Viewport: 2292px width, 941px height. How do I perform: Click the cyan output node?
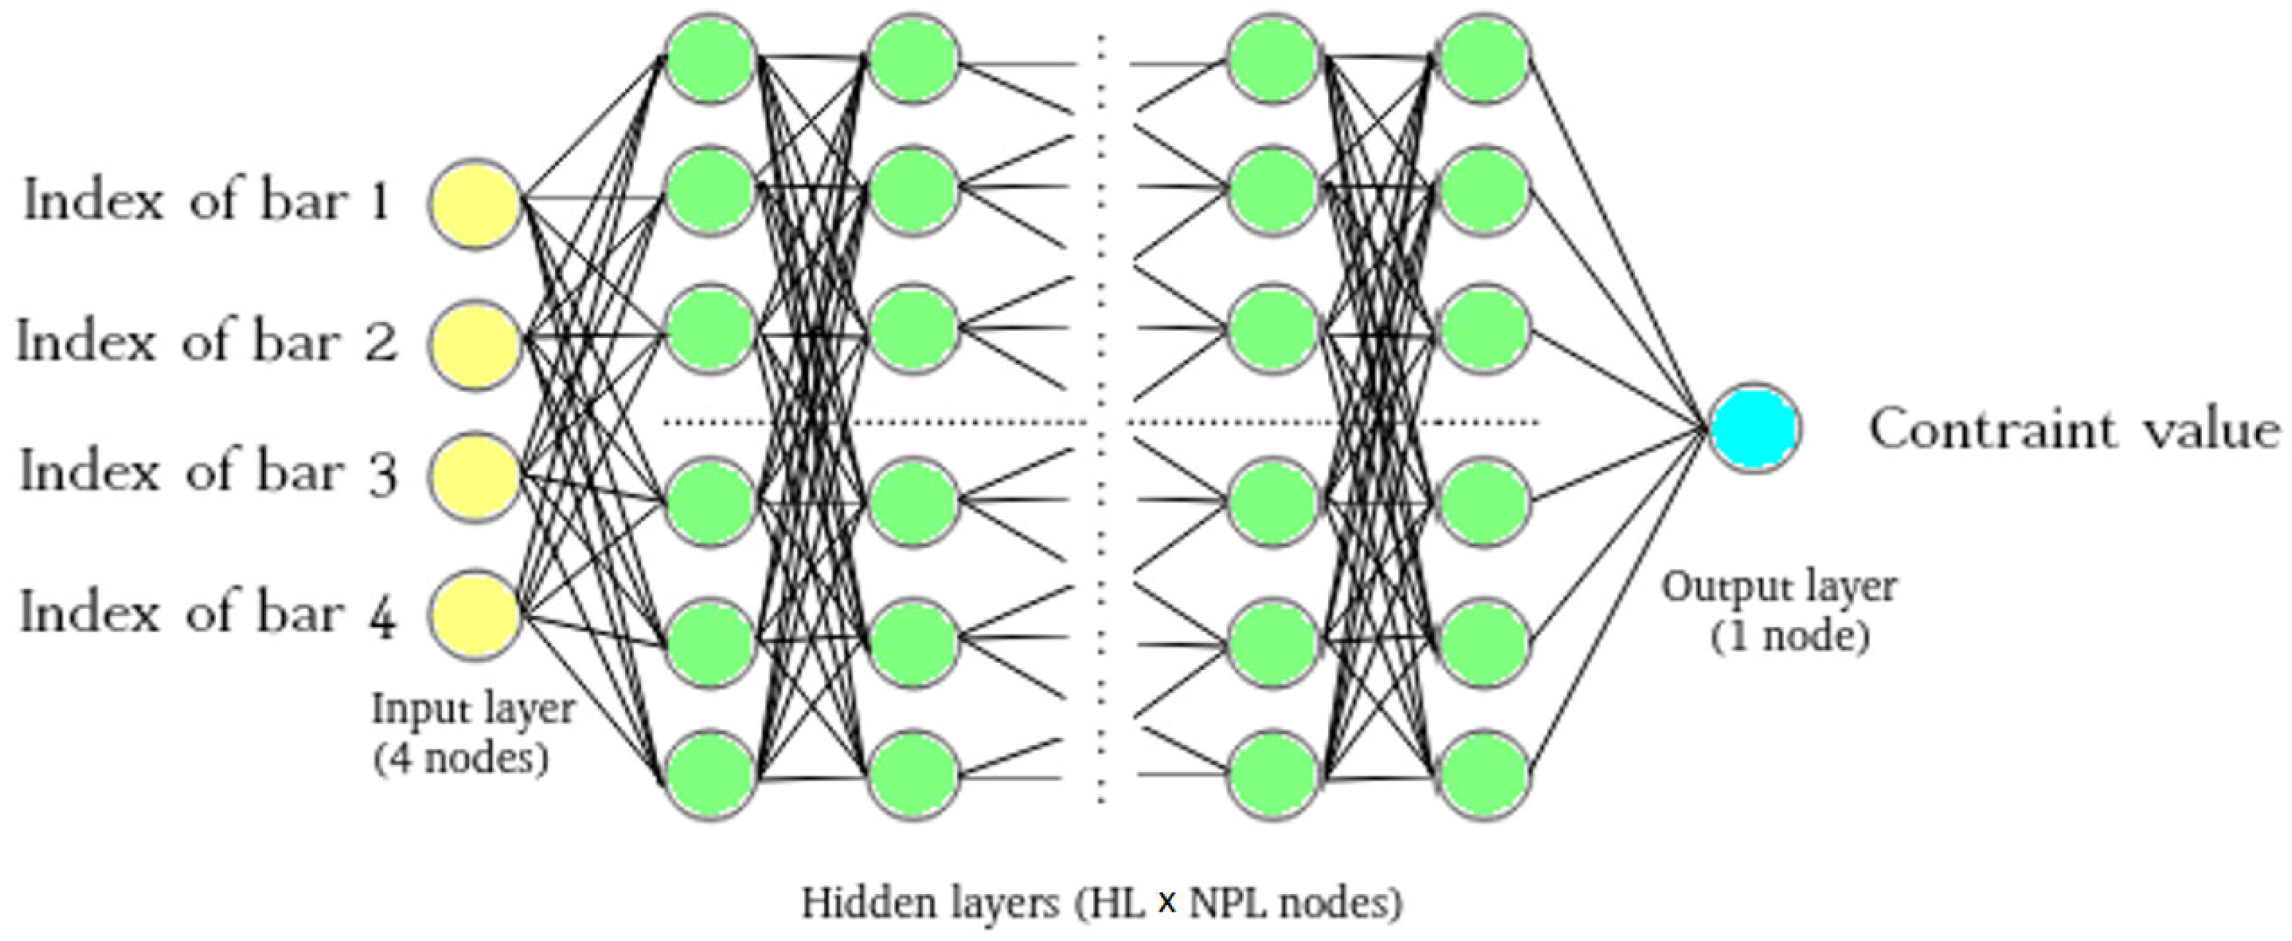click(x=1755, y=428)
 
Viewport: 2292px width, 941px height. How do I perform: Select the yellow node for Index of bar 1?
click(x=474, y=203)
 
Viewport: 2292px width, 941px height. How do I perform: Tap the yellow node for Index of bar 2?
click(x=474, y=343)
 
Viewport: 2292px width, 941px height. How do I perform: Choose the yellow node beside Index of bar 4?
click(x=474, y=615)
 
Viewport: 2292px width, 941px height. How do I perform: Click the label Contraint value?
click(x=2073, y=429)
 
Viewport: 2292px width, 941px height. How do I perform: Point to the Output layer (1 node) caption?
click(x=1779, y=612)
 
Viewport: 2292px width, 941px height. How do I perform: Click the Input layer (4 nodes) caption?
click(x=472, y=733)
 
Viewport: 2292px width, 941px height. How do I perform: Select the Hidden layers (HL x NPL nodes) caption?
click(x=1101, y=903)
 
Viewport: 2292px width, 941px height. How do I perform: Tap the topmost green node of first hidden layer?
click(x=711, y=58)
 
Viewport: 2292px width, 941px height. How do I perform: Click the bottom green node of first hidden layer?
click(x=711, y=774)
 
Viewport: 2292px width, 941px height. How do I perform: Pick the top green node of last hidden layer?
click(x=1484, y=58)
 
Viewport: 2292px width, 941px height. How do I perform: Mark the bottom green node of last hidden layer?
click(x=1484, y=774)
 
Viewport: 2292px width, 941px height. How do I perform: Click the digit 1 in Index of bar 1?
click(x=380, y=202)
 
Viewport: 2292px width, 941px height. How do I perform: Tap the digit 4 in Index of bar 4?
click(x=382, y=615)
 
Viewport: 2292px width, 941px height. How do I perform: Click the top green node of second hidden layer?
click(x=914, y=58)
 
